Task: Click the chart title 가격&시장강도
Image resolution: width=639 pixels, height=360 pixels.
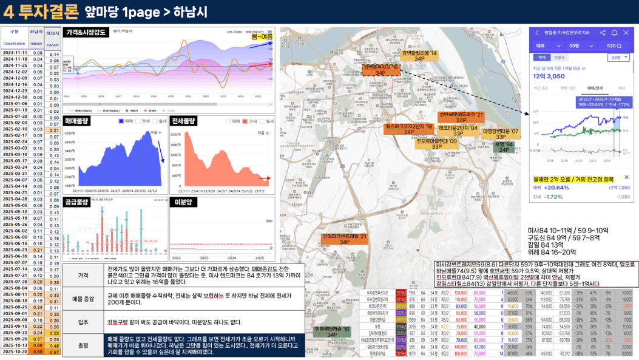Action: (x=84, y=32)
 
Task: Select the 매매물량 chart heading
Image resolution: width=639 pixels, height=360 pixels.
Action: (x=78, y=121)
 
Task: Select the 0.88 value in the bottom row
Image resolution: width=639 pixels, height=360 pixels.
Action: (x=37, y=352)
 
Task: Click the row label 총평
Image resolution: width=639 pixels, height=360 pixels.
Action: (x=83, y=345)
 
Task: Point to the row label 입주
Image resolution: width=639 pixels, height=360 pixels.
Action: (x=83, y=322)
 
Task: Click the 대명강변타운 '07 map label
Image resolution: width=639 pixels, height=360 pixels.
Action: (x=501, y=134)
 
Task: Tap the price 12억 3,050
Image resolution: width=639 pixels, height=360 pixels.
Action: (x=550, y=76)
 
